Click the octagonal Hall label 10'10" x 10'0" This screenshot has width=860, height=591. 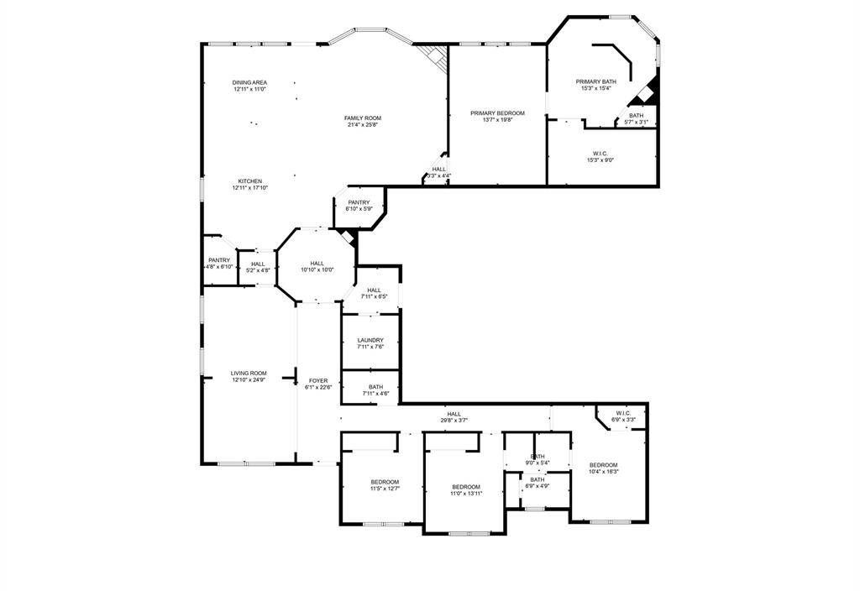coord(317,266)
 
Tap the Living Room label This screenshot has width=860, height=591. coord(249,376)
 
